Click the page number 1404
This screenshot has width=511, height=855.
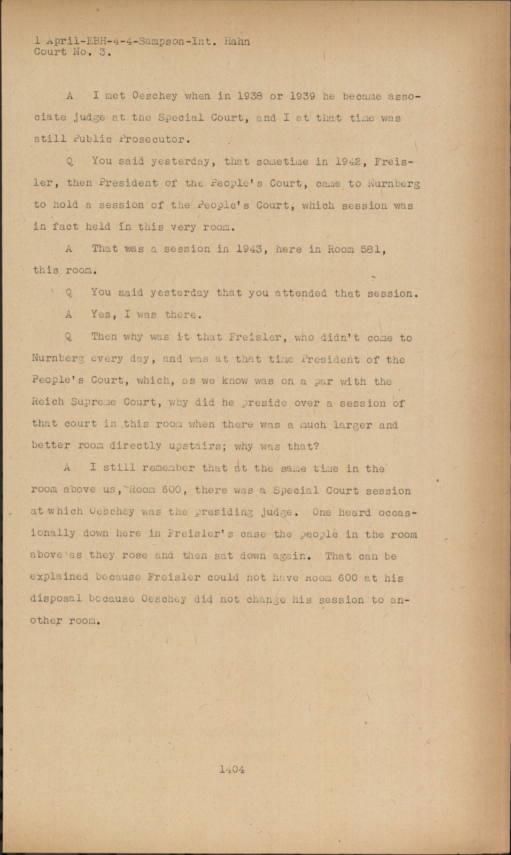(x=231, y=770)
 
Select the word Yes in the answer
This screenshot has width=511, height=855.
(x=102, y=315)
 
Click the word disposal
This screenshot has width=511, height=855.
(x=56, y=599)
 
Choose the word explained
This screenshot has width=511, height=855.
(x=59, y=577)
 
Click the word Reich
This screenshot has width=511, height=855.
(x=48, y=402)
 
